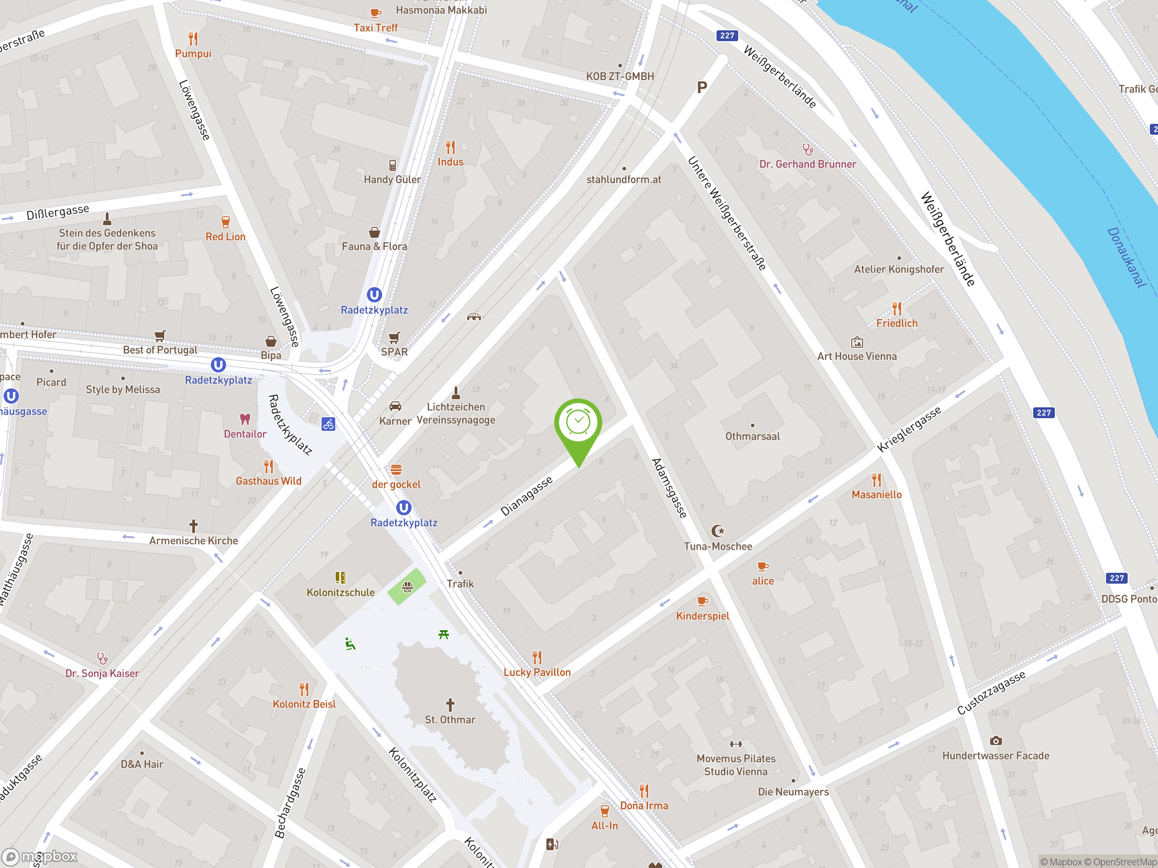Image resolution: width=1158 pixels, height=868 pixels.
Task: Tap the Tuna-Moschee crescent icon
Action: [718, 531]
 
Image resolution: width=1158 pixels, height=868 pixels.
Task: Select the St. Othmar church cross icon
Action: [450, 704]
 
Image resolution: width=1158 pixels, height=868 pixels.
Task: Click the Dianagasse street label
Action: [526, 496]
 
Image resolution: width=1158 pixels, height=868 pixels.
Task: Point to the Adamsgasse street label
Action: [669, 488]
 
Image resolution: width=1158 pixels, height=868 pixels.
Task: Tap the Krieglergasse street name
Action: [909, 429]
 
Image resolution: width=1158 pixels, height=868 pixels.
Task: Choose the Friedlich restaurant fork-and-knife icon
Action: [897, 309]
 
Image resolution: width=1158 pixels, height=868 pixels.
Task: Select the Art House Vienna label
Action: [857, 356]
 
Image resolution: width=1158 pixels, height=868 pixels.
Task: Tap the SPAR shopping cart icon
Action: [394, 337]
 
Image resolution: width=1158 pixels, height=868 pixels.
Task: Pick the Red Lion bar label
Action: [225, 236]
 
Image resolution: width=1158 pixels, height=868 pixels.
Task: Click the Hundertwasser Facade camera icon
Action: [996, 741]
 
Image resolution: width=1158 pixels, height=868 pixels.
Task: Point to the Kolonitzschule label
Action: [340, 592]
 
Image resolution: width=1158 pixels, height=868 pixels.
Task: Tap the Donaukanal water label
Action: [1127, 257]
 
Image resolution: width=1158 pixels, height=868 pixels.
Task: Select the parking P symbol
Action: [702, 87]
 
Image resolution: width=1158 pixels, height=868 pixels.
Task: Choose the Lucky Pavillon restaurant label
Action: [536, 672]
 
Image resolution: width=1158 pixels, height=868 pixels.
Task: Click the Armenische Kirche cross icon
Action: [193, 526]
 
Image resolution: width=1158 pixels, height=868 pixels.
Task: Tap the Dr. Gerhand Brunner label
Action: [808, 164]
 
